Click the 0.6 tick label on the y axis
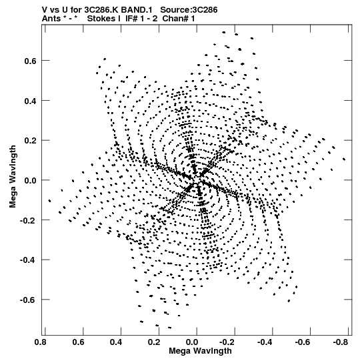click(31, 61)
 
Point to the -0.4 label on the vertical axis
click(29, 260)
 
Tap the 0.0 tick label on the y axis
click(31, 180)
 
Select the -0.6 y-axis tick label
click(29, 300)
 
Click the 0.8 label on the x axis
click(41, 342)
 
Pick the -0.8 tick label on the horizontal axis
click(341, 342)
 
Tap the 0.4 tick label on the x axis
click(116, 342)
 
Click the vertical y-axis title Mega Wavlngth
click(13, 177)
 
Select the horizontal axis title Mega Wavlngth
click(200, 351)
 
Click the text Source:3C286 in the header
click(189, 10)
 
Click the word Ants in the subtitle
click(51, 19)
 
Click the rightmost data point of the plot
click(344, 159)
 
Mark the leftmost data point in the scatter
click(49, 201)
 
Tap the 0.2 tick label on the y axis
click(31, 141)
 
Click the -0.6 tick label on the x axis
click(303, 342)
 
